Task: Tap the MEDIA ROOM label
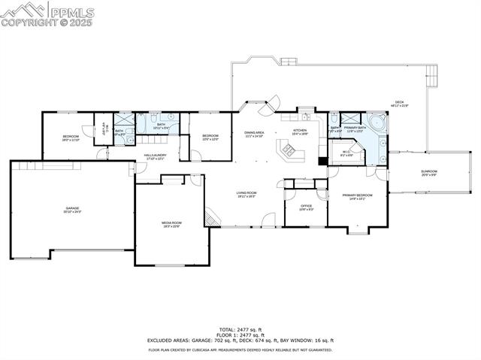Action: (171, 224)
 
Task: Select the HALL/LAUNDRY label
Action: (155, 157)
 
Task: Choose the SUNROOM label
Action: (428, 172)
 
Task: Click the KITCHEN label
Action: (301, 131)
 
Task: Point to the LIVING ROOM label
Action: (247, 194)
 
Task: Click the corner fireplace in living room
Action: (213, 218)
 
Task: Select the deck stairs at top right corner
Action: (431, 73)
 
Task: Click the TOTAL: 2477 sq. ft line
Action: (240, 329)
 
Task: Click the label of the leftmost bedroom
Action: (70, 138)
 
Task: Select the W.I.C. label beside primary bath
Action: (346, 154)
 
